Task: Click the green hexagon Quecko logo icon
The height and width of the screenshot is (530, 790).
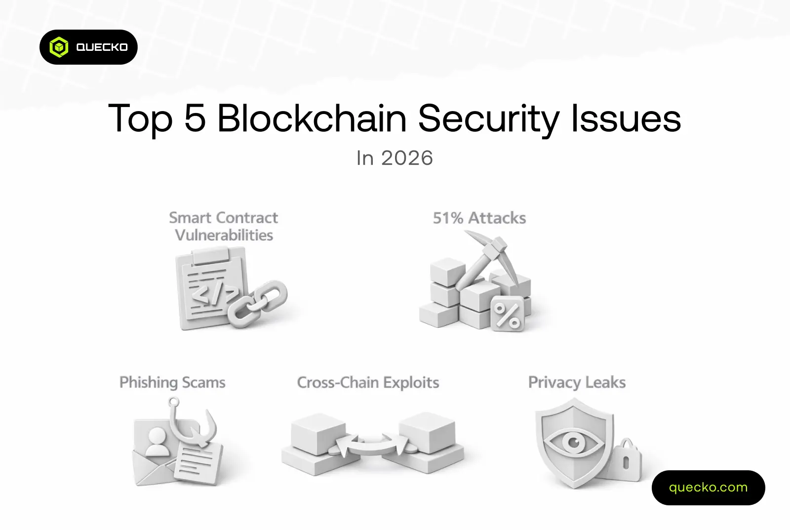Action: [59, 47]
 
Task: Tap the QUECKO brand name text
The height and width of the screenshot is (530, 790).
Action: [102, 47]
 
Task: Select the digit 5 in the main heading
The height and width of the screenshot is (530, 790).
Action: [195, 118]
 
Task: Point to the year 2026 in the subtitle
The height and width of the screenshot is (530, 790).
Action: [407, 158]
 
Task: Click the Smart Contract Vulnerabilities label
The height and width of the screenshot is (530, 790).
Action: [224, 226]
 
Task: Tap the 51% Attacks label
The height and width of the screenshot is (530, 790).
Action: [479, 218]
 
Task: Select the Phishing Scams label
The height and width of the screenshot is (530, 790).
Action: [172, 383]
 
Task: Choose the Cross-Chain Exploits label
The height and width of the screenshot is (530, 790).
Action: [368, 383]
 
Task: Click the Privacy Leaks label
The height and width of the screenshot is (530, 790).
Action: [577, 383]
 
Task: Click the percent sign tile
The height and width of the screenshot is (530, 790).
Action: [507, 314]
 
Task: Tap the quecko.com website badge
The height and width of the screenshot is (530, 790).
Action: [708, 488]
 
